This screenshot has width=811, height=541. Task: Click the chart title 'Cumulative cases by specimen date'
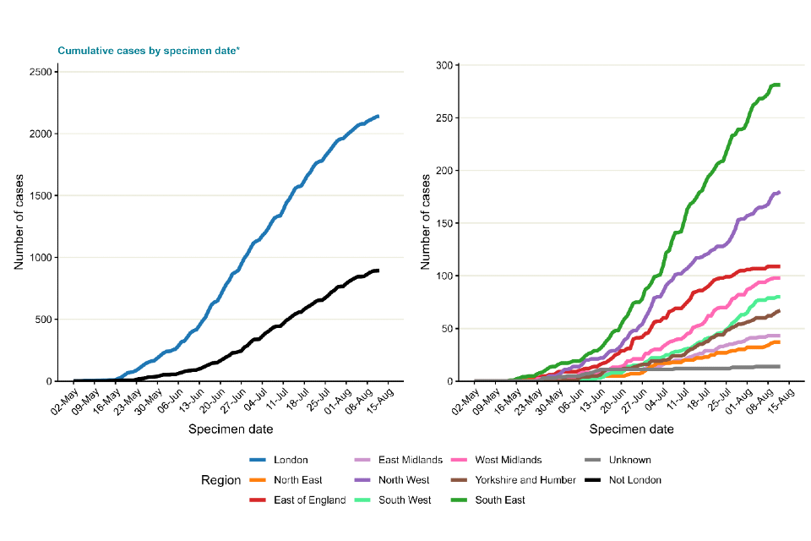[148, 51]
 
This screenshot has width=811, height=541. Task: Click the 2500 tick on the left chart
[38, 72]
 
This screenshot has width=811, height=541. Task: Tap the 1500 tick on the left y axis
[38, 196]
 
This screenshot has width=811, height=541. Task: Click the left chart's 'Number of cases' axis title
[19, 227]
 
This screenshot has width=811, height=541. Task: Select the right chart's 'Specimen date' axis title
[632, 429]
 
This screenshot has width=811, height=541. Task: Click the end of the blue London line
[378, 117]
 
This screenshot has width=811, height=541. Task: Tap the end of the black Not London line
[378, 270]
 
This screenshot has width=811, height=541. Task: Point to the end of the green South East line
[778, 85]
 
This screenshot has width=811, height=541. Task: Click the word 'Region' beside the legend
[220, 480]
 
